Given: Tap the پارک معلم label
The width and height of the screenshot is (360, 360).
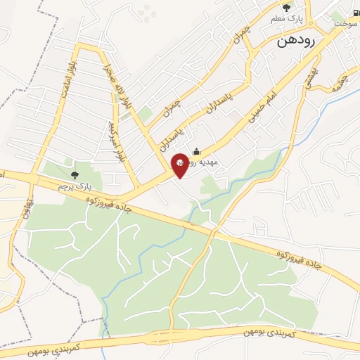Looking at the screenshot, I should (286, 20).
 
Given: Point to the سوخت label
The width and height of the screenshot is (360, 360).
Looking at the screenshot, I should (345, 23).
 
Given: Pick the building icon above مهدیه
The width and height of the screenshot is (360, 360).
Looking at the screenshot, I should (196, 150).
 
